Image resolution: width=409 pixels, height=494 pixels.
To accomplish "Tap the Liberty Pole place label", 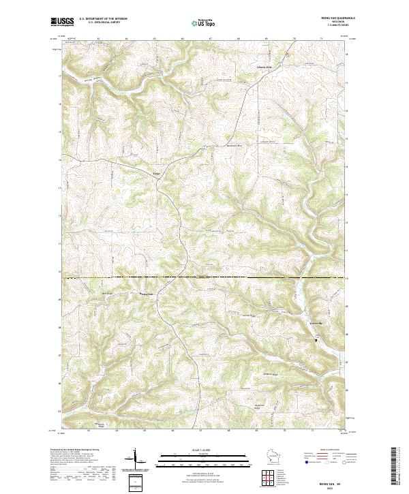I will coord(264,67).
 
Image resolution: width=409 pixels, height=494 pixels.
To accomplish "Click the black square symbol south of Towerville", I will coord(316,339).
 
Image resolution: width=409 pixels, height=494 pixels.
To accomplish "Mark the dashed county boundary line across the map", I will coord(204,278).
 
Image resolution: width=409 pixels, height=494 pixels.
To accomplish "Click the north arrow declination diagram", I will coord(135,460).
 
